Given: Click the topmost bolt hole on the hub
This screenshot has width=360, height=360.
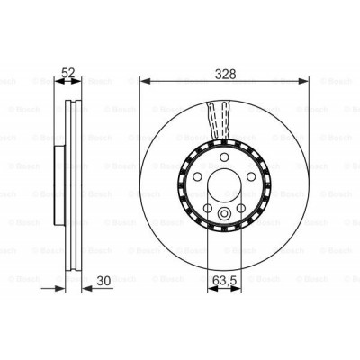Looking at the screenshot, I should click(223, 158).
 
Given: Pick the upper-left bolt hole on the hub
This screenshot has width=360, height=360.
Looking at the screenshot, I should click(195, 178).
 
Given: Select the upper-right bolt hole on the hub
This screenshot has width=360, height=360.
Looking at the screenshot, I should click(251, 178).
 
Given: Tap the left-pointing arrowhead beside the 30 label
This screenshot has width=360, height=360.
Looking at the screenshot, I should click(85, 289).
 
